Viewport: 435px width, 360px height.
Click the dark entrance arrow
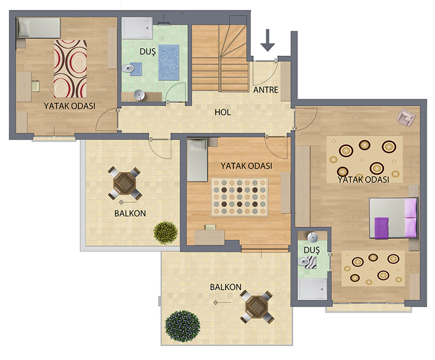tap(268, 40)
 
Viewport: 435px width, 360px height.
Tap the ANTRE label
tap(266, 90)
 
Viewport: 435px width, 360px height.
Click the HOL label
tap(222, 113)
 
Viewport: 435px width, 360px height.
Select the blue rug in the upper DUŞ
tap(169, 62)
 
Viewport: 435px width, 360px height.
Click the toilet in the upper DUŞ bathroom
tap(128, 68)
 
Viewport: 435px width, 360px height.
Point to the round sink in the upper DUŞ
tap(139, 95)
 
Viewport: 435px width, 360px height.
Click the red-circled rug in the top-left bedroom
tap(70, 69)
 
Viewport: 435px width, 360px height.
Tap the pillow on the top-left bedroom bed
tap(23, 28)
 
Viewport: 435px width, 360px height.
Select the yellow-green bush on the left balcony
tap(166, 232)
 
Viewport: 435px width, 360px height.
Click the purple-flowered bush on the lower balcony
tap(182, 326)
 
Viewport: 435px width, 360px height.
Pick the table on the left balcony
tap(125, 183)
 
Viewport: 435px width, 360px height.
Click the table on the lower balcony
tap(257, 307)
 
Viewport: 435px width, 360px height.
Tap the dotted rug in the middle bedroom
tap(239, 197)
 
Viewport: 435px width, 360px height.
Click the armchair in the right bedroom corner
tap(406, 117)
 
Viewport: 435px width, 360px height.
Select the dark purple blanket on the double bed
tap(382, 228)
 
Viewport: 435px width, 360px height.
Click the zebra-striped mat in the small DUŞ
tap(310, 263)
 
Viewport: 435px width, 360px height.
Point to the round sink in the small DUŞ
tap(313, 238)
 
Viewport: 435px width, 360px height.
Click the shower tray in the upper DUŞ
tap(138, 28)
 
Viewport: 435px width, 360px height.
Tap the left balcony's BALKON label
tap(130, 213)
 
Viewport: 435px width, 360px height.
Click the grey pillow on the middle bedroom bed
tap(197, 145)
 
